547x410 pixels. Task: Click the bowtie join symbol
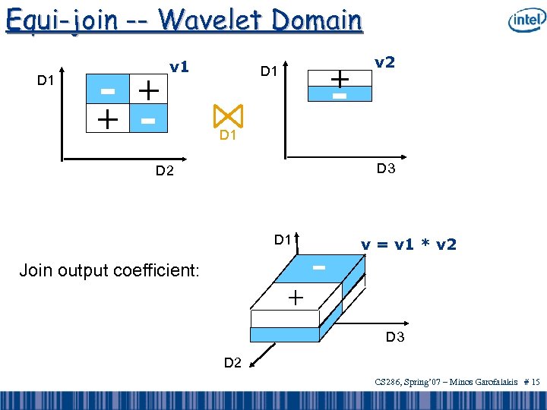click(227, 115)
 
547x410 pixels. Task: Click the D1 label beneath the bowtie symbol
click(227, 136)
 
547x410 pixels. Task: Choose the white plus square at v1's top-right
click(147, 92)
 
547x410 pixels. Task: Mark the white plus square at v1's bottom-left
click(108, 119)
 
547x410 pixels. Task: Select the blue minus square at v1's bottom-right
click(147, 120)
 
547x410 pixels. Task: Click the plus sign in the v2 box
click(339, 78)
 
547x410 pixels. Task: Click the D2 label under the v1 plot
click(165, 172)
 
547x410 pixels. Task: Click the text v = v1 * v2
click(409, 244)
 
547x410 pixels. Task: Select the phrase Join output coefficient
click(110, 270)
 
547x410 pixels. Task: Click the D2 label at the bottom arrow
click(233, 363)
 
